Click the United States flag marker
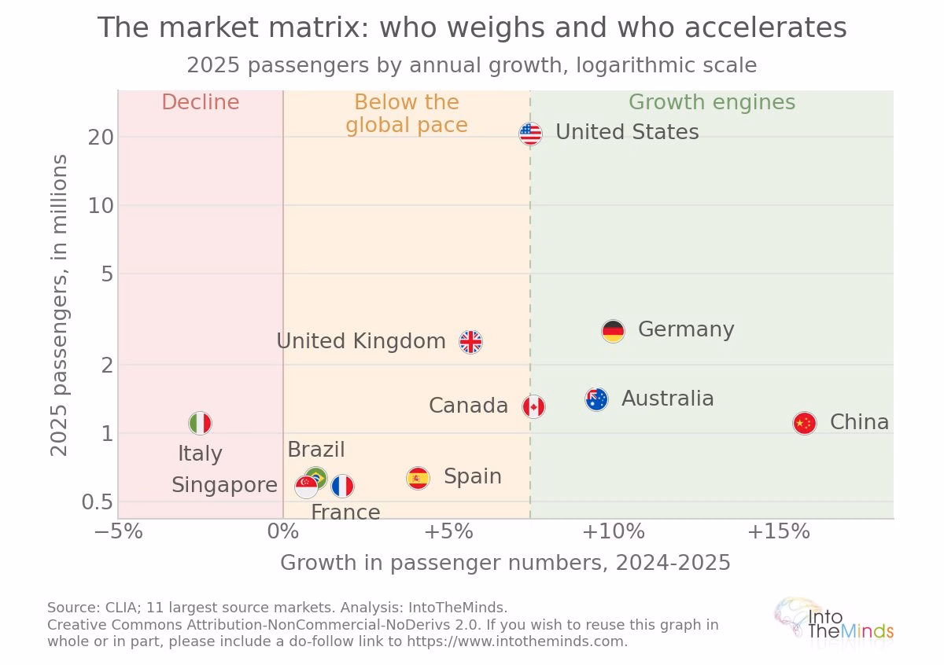point(530,134)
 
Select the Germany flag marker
point(613,331)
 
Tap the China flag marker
point(805,423)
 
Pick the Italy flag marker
point(200,423)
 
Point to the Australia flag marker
point(597,399)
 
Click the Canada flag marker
point(533,407)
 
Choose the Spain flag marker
point(418,478)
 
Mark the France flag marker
point(343,486)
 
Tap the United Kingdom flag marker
point(470,342)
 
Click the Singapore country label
point(225,485)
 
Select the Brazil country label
point(316,450)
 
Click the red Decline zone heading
point(201,102)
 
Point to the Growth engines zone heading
point(712,102)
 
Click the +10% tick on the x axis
point(613,531)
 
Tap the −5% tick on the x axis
point(119,531)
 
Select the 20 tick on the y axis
point(101,138)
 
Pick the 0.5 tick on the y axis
point(98,502)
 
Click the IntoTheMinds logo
point(834,622)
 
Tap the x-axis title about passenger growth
point(505,563)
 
